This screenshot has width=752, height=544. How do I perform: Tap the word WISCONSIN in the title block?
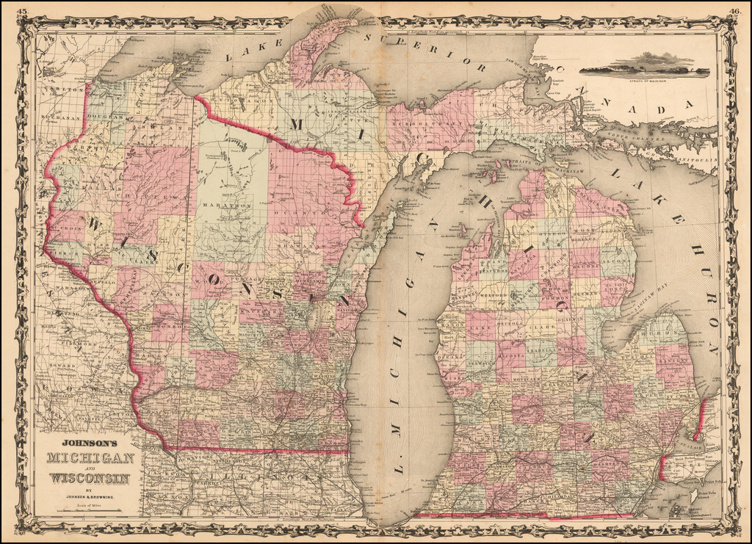90,479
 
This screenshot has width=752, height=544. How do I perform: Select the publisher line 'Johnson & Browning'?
90,497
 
